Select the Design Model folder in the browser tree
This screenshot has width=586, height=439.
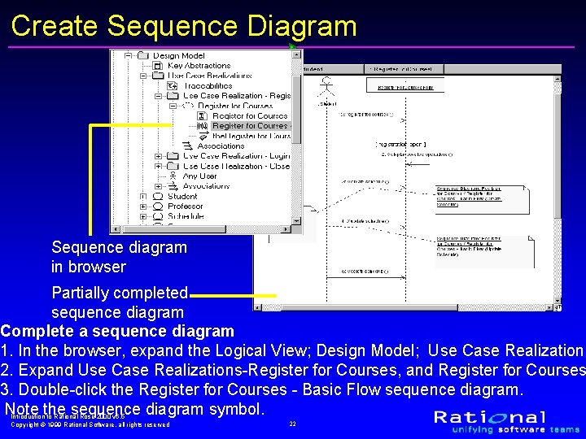(x=178, y=55)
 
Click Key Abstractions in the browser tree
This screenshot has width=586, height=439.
(x=199, y=66)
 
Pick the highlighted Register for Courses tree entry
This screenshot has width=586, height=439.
(x=249, y=126)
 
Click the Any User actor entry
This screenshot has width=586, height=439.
(x=199, y=176)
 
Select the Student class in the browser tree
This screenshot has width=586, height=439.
(x=182, y=196)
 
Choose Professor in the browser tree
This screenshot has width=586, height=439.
(x=185, y=206)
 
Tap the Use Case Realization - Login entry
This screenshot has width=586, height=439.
(x=236, y=156)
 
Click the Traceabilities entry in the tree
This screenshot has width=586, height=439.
(x=208, y=85)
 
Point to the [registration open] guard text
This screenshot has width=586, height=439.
(x=400, y=143)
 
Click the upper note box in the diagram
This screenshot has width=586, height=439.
(x=469, y=196)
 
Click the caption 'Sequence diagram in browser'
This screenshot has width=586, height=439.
(x=119, y=257)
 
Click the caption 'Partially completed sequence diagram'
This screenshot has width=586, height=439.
(x=120, y=302)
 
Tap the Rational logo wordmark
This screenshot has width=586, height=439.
(x=501, y=418)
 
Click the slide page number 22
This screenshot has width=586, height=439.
(x=292, y=424)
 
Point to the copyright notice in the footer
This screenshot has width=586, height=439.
(x=90, y=424)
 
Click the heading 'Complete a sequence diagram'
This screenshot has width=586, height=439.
(x=117, y=331)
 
